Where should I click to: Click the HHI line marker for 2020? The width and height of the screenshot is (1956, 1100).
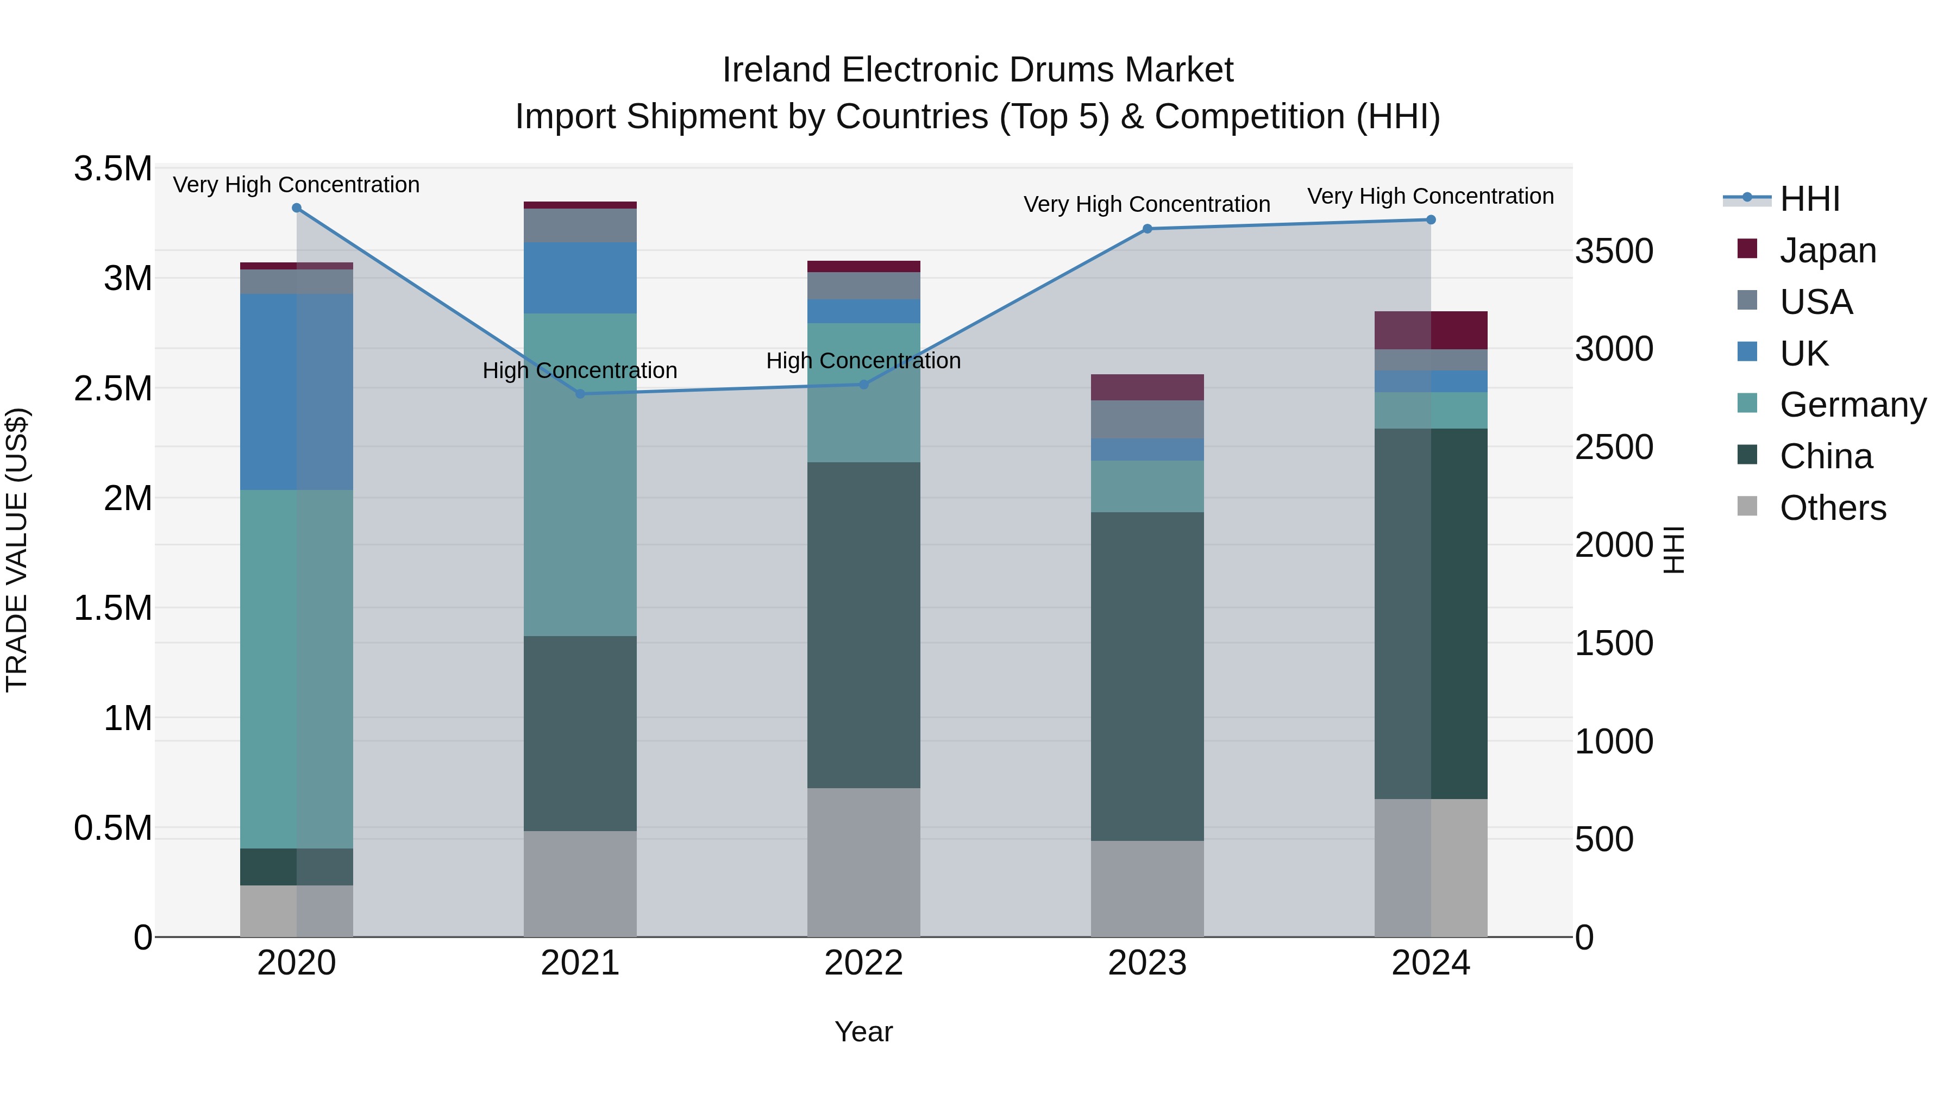point(297,208)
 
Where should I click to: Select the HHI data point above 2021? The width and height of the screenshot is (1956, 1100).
point(580,393)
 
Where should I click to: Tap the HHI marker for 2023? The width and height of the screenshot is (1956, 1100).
point(1148,229)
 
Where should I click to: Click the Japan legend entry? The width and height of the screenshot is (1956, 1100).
point(1827,250)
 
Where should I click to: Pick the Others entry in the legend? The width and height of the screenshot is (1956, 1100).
point(1832,508)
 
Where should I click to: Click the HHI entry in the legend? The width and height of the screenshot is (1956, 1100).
point(1809,199)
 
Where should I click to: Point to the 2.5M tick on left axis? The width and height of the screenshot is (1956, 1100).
point(113,389)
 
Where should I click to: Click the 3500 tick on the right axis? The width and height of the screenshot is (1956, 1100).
point(1614,252)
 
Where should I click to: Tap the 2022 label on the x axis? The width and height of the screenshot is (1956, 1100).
point(863,963)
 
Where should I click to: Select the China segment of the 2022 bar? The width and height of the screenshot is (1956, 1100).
point(863,624)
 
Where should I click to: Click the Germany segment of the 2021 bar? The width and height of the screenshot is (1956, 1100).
point(580,474)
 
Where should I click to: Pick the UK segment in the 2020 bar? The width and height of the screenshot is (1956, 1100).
point(297,392)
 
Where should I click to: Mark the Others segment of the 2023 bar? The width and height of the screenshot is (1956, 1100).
point(1148,888)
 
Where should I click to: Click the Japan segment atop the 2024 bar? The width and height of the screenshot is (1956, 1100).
point(1431,330)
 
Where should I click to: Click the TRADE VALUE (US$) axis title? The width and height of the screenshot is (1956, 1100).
point(17,550)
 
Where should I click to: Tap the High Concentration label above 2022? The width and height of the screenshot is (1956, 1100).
point(863,361)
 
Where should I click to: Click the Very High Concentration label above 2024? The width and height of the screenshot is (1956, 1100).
point(1431,196)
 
